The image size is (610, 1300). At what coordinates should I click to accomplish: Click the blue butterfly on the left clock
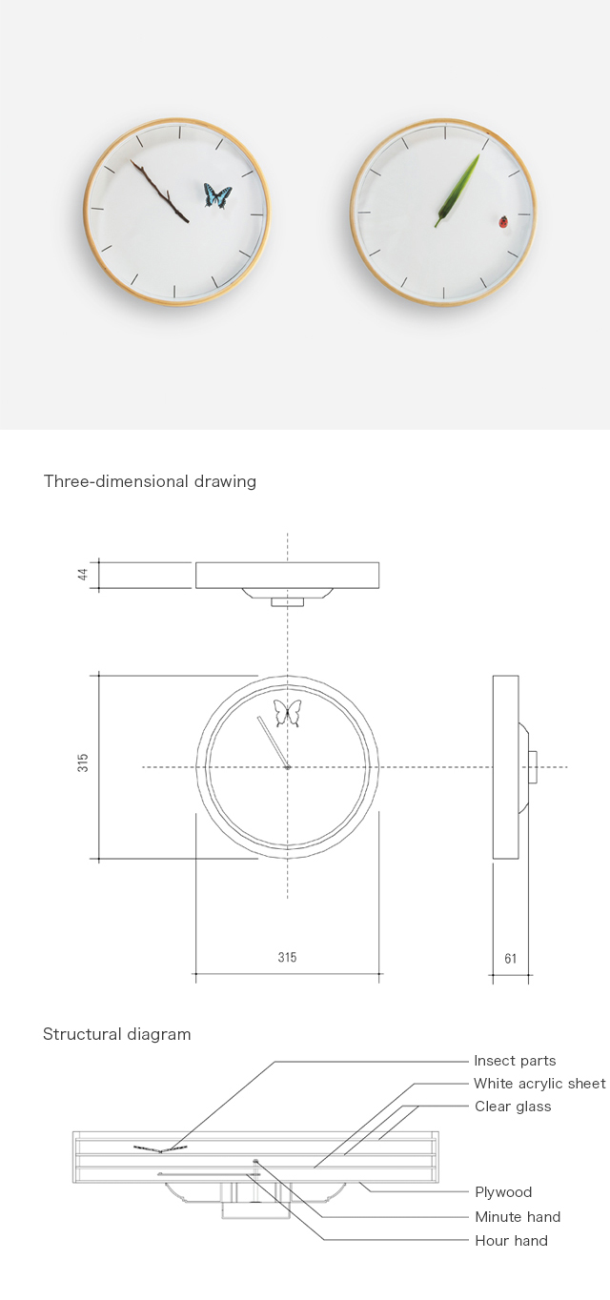pos(217,195)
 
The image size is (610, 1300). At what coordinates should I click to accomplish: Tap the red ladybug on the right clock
pos(503,222)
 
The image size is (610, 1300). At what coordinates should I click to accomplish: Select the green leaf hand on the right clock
pos(458,190)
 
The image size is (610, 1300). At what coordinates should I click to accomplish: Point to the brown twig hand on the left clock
pos(159,192)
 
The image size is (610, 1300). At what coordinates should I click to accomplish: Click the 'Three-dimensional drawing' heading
pos(150,481)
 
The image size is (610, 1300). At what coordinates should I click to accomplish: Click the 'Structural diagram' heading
pos(116,1034)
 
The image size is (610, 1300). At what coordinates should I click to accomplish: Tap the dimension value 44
pos(83,575)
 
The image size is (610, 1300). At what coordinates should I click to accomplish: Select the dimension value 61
pos(510,959)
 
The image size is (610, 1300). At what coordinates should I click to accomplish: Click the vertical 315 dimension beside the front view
pos(83,762)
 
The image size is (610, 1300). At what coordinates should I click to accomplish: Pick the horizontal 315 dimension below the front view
pos(287,957)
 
